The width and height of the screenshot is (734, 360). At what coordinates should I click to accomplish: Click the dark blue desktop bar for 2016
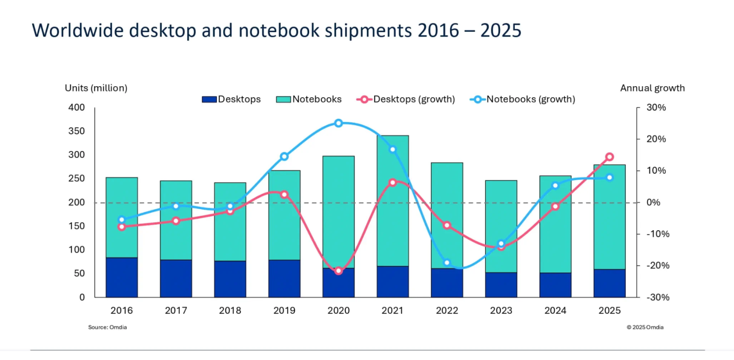tap(122, 277)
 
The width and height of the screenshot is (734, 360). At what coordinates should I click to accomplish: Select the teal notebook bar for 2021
tap(393, 220)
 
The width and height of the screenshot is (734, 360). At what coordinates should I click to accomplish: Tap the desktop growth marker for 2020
tap(339, 271)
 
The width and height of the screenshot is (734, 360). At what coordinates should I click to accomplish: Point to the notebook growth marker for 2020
tap(339, 123)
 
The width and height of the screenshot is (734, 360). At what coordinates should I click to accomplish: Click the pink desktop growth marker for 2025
tap(609, 157)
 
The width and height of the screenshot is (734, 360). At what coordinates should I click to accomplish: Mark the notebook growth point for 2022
tap(447, 263)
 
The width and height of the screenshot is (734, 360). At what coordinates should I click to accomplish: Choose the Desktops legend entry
tap(232, 99)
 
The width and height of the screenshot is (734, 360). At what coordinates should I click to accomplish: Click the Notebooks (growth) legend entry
tap(523, 99)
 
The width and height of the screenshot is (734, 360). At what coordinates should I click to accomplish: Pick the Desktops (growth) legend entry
tap(406, 99)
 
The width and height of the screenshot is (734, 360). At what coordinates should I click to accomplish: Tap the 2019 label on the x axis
tap(284, 310)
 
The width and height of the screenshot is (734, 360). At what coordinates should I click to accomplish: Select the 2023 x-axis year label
tap(501, 310)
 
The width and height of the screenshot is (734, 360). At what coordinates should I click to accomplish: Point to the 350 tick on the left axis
tap(77, 131)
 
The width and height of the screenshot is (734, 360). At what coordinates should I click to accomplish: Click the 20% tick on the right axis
tap(656, 139)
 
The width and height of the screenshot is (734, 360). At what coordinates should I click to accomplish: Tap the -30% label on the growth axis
tap(658, 297)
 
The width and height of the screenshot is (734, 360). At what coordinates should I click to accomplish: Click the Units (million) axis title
tap(96, 88)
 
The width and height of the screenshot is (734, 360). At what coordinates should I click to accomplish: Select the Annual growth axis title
tap(652, 88)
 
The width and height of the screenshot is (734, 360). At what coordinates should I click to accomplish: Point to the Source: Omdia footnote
tap(107, 327)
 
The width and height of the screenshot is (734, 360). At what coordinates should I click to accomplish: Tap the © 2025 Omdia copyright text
tap(645, 327)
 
